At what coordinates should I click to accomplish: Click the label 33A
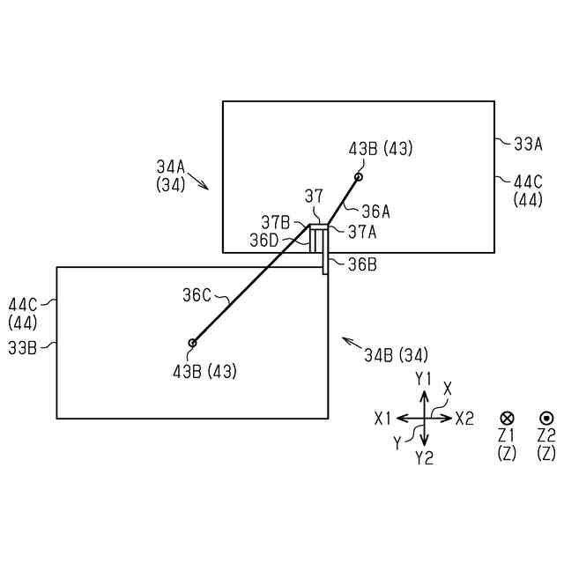click(529, 142)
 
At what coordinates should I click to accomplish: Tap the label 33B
click(22, 348)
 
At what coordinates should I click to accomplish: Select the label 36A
click(375, 211)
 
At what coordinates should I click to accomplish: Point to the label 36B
click(362, 263)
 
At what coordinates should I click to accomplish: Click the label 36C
click(197, 296)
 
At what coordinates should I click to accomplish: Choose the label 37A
click(363, 232)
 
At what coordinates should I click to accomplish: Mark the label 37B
click(277, 222)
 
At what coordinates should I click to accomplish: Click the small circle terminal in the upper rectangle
click(359, 177)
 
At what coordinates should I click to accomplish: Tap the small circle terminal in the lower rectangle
click(192, 343)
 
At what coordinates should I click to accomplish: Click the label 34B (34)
click(396, 355)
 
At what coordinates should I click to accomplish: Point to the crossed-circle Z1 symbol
click(507, 418)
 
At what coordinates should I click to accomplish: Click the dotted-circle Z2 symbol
click(545, 418)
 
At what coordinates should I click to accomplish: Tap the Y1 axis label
click(424, 378)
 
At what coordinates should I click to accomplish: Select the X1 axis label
click(382, 419)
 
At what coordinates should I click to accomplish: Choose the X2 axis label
click(464, 419)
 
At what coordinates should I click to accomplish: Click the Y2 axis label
click(424, 457)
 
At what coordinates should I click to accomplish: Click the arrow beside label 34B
click(351, 343)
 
